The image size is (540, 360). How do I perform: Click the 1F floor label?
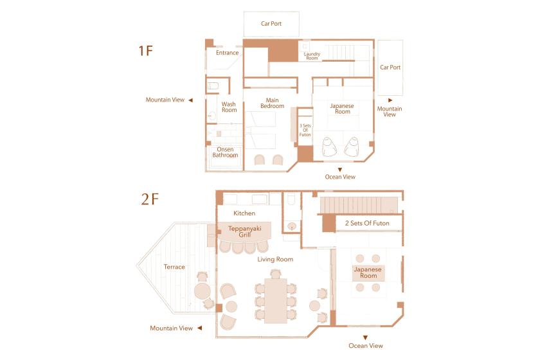[x=145, y=51]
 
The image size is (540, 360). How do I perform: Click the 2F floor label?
[x=150, y=199]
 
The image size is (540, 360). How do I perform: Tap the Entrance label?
[x=228, y=53]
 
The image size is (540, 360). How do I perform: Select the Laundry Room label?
[x=312, y=56]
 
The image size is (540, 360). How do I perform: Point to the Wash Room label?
[x=229, y=107]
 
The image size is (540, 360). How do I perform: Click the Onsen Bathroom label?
[x=225, y=152]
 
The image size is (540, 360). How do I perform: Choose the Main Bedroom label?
[x=272, y=103]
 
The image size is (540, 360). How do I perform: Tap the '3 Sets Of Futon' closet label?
[x=305, y=130]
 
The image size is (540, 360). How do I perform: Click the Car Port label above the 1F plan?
[x=271, y=24]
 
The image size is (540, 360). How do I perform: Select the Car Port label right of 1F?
[x=390, y=67]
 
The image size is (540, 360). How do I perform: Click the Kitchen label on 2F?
[x=244, y=213]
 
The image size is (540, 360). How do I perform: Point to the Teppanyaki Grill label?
[x=245, y=231]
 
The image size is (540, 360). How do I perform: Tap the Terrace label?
[x=174, y=267]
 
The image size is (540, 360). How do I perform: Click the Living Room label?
[x=275, y=259]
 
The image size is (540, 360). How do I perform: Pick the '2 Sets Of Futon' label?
[x=367, y=223]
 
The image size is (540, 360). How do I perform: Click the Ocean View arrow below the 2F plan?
[x=365, y=337]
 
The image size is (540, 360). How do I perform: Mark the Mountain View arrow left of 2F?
[x=199, y=328]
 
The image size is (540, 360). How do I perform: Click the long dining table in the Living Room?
[x=276, y=301]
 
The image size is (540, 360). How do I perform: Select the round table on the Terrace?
[x=203, y=291]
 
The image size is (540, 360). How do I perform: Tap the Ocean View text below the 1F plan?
[x=340, y=177]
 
